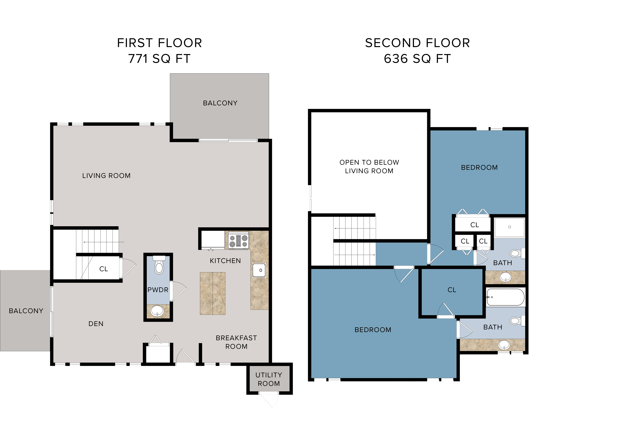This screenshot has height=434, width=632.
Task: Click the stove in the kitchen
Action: tap(238, 240)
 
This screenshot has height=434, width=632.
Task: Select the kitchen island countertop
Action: tap(213, 293)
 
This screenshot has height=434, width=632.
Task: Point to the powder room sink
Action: tap(157, 311)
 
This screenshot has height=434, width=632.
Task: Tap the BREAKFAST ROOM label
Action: tap(236, 342)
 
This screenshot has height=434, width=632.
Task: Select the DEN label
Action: tap(96, 324)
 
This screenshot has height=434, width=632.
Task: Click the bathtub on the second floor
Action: tap(505, 297)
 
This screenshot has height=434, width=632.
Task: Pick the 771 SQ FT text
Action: tap(159, 59)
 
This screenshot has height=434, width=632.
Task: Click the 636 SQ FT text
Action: tap(417, 59)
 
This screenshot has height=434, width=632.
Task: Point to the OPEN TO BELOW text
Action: tap(369, 162)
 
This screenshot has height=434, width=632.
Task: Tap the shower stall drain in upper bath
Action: tap(510, 227)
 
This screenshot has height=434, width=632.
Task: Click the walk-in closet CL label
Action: tap(452, 290)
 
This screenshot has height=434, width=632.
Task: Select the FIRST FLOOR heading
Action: tap(159, 43)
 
